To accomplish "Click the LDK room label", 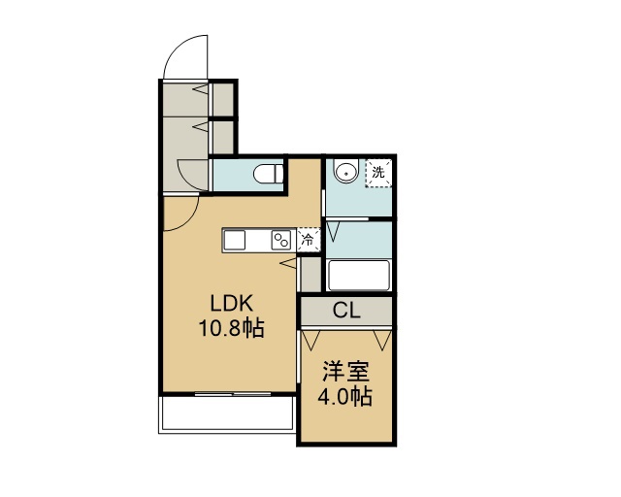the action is [231, 304].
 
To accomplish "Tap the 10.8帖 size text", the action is [231, 328].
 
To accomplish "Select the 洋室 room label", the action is [345, 372].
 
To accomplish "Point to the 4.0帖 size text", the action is [345, 396].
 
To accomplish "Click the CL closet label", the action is [346, 311].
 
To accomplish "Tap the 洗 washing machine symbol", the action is [378, 173].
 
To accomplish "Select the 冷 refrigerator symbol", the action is [308, 240].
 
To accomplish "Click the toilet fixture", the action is [269, 175].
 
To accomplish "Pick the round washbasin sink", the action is [346, 171].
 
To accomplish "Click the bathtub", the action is [359, 275].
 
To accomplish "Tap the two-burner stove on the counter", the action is [281, 240].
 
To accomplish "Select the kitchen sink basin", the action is [235, 241].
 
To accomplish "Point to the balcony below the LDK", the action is [226, 414].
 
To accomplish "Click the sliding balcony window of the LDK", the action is [233, 394].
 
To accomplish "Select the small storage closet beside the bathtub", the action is [310, 275].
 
